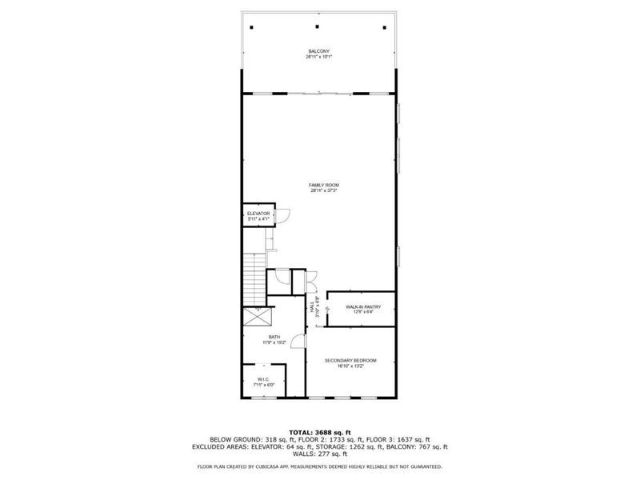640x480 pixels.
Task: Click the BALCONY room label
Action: pyautogui.click(x=318, y=51)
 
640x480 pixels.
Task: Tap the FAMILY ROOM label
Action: pyautogui.click(x=318, y=185)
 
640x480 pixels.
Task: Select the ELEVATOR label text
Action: pyautogui.click(x=257, y=214)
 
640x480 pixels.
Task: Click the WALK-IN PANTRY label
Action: pyautogui.click(x=362, y=306)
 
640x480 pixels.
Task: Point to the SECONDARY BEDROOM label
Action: pyautogui.click(x=350, y=361)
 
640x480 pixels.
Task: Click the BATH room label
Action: pyautogui.click(x=274, y=338)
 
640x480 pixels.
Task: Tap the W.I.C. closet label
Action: pyautogui.click(x=264, y=379)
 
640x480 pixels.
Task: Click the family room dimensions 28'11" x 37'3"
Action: pyautogui.click(x=318, y=191)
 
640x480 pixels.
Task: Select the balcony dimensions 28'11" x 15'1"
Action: pyautogui.click(x=318, y=57)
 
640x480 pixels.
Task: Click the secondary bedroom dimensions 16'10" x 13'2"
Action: pyautogui.click(x=350, y=366)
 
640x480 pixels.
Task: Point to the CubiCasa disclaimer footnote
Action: pyautogui.click(x=319, y=466)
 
